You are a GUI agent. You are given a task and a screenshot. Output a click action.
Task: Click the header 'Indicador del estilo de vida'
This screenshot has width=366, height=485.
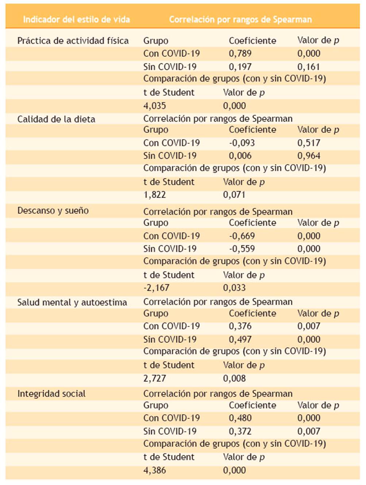point(76,19)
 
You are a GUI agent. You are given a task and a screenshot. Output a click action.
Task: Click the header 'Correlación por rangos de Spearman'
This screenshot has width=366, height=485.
point(240,19)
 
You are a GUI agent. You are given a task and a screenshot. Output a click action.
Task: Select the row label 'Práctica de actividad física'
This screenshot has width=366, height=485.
point(73,41)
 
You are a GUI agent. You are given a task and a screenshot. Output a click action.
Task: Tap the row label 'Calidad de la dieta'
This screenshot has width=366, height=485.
point(56,119)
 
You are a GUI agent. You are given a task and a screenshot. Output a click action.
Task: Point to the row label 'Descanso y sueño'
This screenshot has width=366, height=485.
point(53,210)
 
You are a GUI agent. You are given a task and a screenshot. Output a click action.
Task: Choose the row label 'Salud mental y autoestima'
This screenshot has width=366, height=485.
point(72,302)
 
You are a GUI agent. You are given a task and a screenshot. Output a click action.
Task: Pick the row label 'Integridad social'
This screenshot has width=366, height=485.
point(51,394)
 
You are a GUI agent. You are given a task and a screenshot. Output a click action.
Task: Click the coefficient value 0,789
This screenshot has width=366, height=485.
point(240,53)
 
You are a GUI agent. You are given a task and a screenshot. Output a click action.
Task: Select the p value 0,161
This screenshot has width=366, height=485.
point(308,67)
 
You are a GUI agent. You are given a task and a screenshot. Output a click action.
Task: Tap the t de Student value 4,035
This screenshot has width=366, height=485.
point(154,106)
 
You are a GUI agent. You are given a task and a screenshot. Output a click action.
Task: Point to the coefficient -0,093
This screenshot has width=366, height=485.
point(242,143)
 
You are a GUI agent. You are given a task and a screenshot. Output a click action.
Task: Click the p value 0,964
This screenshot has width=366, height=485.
point(309,156)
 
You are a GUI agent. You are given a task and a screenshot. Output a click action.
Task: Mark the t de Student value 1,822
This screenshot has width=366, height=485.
point(154,195)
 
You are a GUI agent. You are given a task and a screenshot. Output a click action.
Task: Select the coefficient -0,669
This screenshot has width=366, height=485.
point(242,236)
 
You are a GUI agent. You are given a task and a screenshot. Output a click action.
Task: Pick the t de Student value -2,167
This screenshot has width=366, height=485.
point(156,288)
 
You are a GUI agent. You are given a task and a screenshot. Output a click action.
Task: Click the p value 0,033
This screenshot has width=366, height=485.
point(234,288)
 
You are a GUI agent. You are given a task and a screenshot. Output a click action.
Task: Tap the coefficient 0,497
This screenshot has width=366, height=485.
point(240,339)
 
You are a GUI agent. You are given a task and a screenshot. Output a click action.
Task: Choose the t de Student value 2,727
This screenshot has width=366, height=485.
point(154,378)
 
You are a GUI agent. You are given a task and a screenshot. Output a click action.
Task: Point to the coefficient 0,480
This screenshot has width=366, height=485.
point(240,418)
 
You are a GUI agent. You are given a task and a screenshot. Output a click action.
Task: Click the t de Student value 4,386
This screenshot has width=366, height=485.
point(154,470)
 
